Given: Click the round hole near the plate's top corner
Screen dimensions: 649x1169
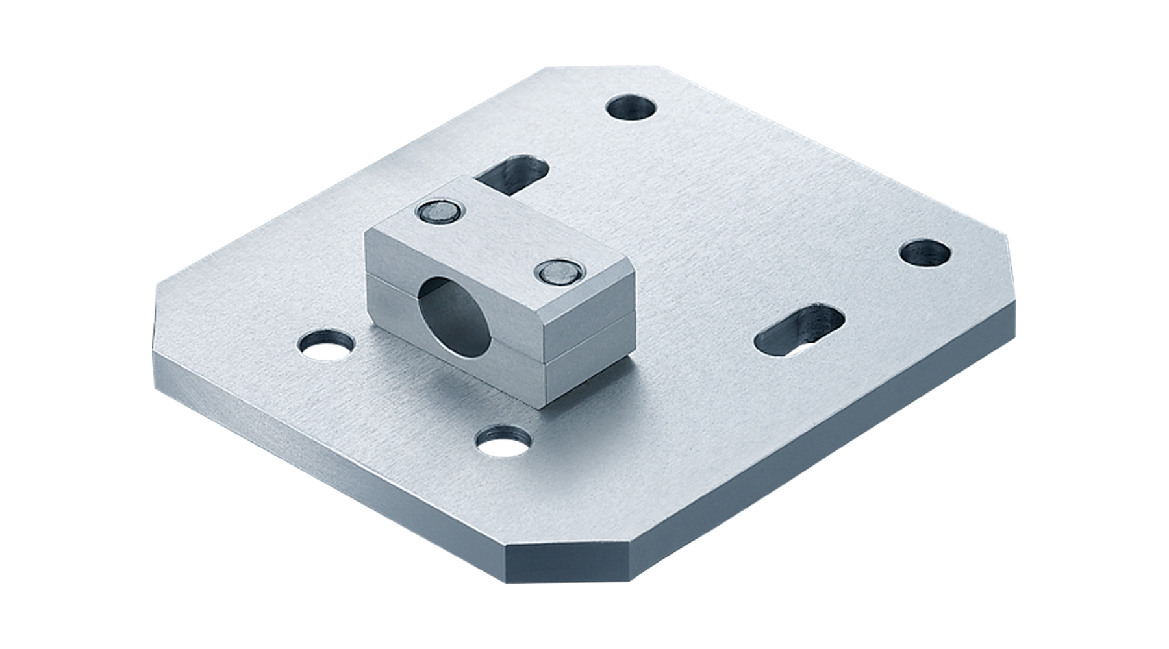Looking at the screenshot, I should [631, 107].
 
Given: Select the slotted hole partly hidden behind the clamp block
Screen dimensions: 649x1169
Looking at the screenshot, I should [513, 177].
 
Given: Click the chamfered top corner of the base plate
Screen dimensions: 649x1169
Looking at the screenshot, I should [584, 67].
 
